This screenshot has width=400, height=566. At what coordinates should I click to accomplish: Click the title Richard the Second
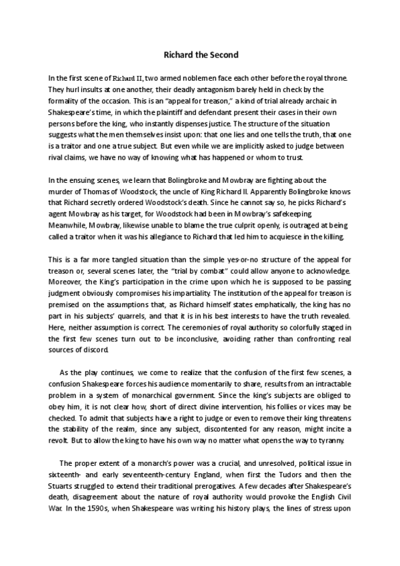(x=200, y=55)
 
